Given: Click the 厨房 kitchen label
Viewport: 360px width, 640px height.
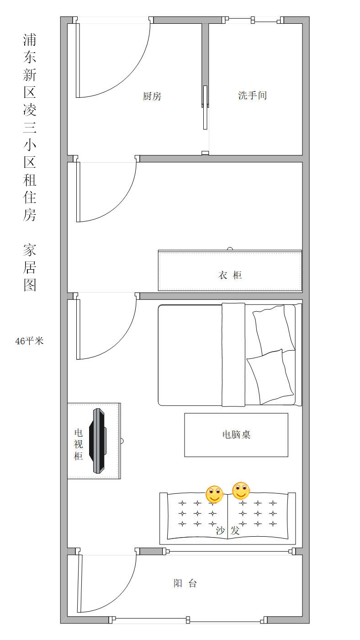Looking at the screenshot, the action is coord(152,96).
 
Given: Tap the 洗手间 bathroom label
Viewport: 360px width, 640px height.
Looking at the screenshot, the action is coord(252,95).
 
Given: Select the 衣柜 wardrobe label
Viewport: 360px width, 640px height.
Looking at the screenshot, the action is coord(230,275).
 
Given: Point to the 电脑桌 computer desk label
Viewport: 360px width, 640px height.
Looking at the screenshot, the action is coord(236,435).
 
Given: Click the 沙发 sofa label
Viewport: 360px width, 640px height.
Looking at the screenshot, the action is coord(228,531).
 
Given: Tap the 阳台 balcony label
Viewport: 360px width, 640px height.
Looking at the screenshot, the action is coord(185,583).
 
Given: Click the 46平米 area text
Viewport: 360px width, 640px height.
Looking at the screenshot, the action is coord(29,341).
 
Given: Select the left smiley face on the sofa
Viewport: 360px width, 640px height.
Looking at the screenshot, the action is coord(214,494).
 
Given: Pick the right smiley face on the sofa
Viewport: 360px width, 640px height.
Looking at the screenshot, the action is coord(241,491).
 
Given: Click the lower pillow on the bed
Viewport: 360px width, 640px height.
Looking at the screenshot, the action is coord(270,377).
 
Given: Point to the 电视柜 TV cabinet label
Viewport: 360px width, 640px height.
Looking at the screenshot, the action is coord(78,444).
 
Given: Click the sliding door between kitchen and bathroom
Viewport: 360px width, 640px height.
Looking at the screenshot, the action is coord(205,107).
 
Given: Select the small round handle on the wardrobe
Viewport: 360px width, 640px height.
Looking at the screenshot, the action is coord(230,249).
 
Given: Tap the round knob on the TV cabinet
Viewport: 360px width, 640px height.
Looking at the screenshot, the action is coord(122,441).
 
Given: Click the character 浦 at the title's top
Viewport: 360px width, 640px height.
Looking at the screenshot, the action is coord(30,40).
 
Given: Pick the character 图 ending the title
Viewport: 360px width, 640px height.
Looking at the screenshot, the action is coord(30,285).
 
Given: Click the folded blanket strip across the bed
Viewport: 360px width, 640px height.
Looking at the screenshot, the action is coord(233,355).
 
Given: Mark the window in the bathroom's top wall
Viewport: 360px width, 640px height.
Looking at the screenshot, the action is coord(253,20).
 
